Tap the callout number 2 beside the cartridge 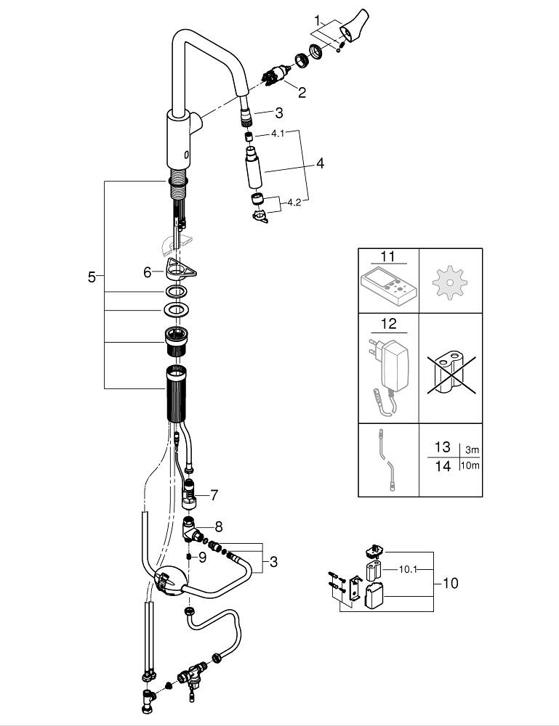(301, 92)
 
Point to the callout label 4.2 (294, 203)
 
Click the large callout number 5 (92, 277)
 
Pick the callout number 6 (148, 272)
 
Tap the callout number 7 (214, 495)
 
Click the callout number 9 (203, 558)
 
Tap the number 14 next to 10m (443, 466)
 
